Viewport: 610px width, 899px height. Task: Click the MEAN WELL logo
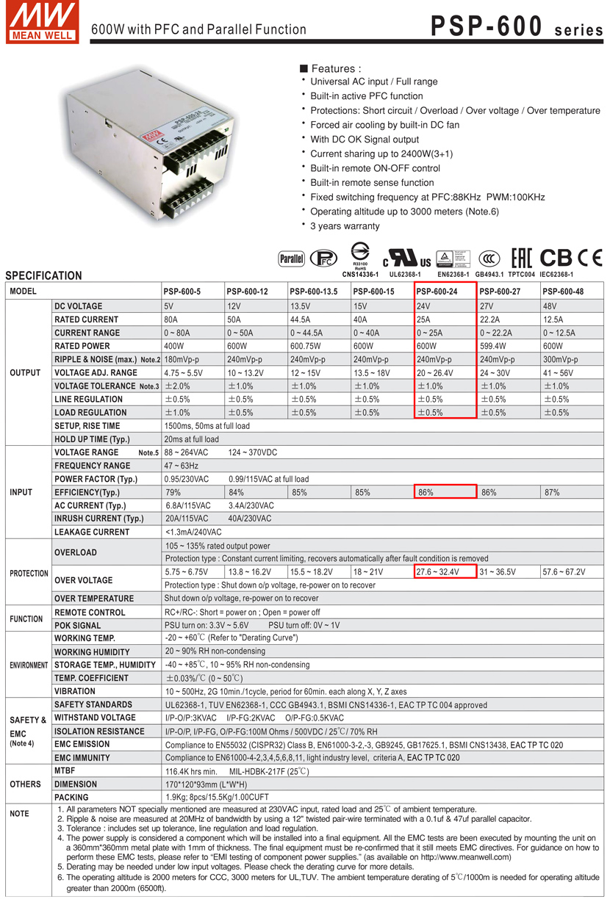click(41, 22)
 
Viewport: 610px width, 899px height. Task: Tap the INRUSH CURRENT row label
click(98, 519)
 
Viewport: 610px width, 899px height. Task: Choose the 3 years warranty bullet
click(345, 226)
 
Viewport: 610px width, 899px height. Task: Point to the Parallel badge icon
click(292, 259)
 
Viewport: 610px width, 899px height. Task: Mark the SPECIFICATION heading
click(44, 276)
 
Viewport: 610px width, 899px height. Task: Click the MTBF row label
click(65, 770)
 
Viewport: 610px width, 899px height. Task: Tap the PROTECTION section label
click(29, 573)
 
